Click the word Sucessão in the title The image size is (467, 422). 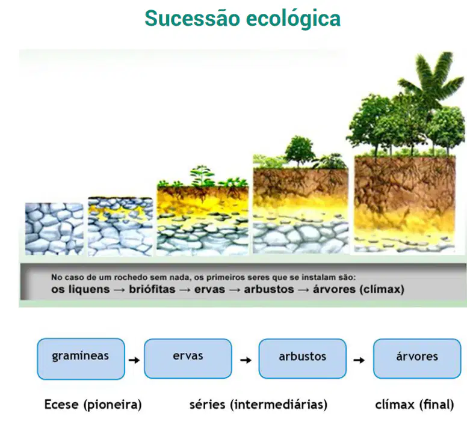[x=193, y=19]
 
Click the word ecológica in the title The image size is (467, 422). [x=293, y=19]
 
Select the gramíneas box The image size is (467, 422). [x=81, y=359]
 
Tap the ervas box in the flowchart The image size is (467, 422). [x=188, y=359]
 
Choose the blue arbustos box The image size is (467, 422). [x=302, y=359]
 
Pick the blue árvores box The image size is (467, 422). [x=417, y=359]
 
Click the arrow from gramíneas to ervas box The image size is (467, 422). [x=134, y=360]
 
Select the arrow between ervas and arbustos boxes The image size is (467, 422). [x=246, y=360]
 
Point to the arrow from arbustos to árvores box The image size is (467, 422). [x=359, y=360]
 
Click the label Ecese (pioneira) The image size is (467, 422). [x=93, y=405]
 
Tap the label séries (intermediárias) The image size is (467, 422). [x=258, y=405]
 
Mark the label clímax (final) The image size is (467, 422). [x=415, y=405]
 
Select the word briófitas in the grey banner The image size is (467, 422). [x=152, y=289]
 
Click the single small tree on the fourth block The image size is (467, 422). [x=299, y=151]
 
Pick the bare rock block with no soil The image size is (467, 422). [x=54, y=229]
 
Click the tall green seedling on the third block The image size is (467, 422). [x=203, y=176]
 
